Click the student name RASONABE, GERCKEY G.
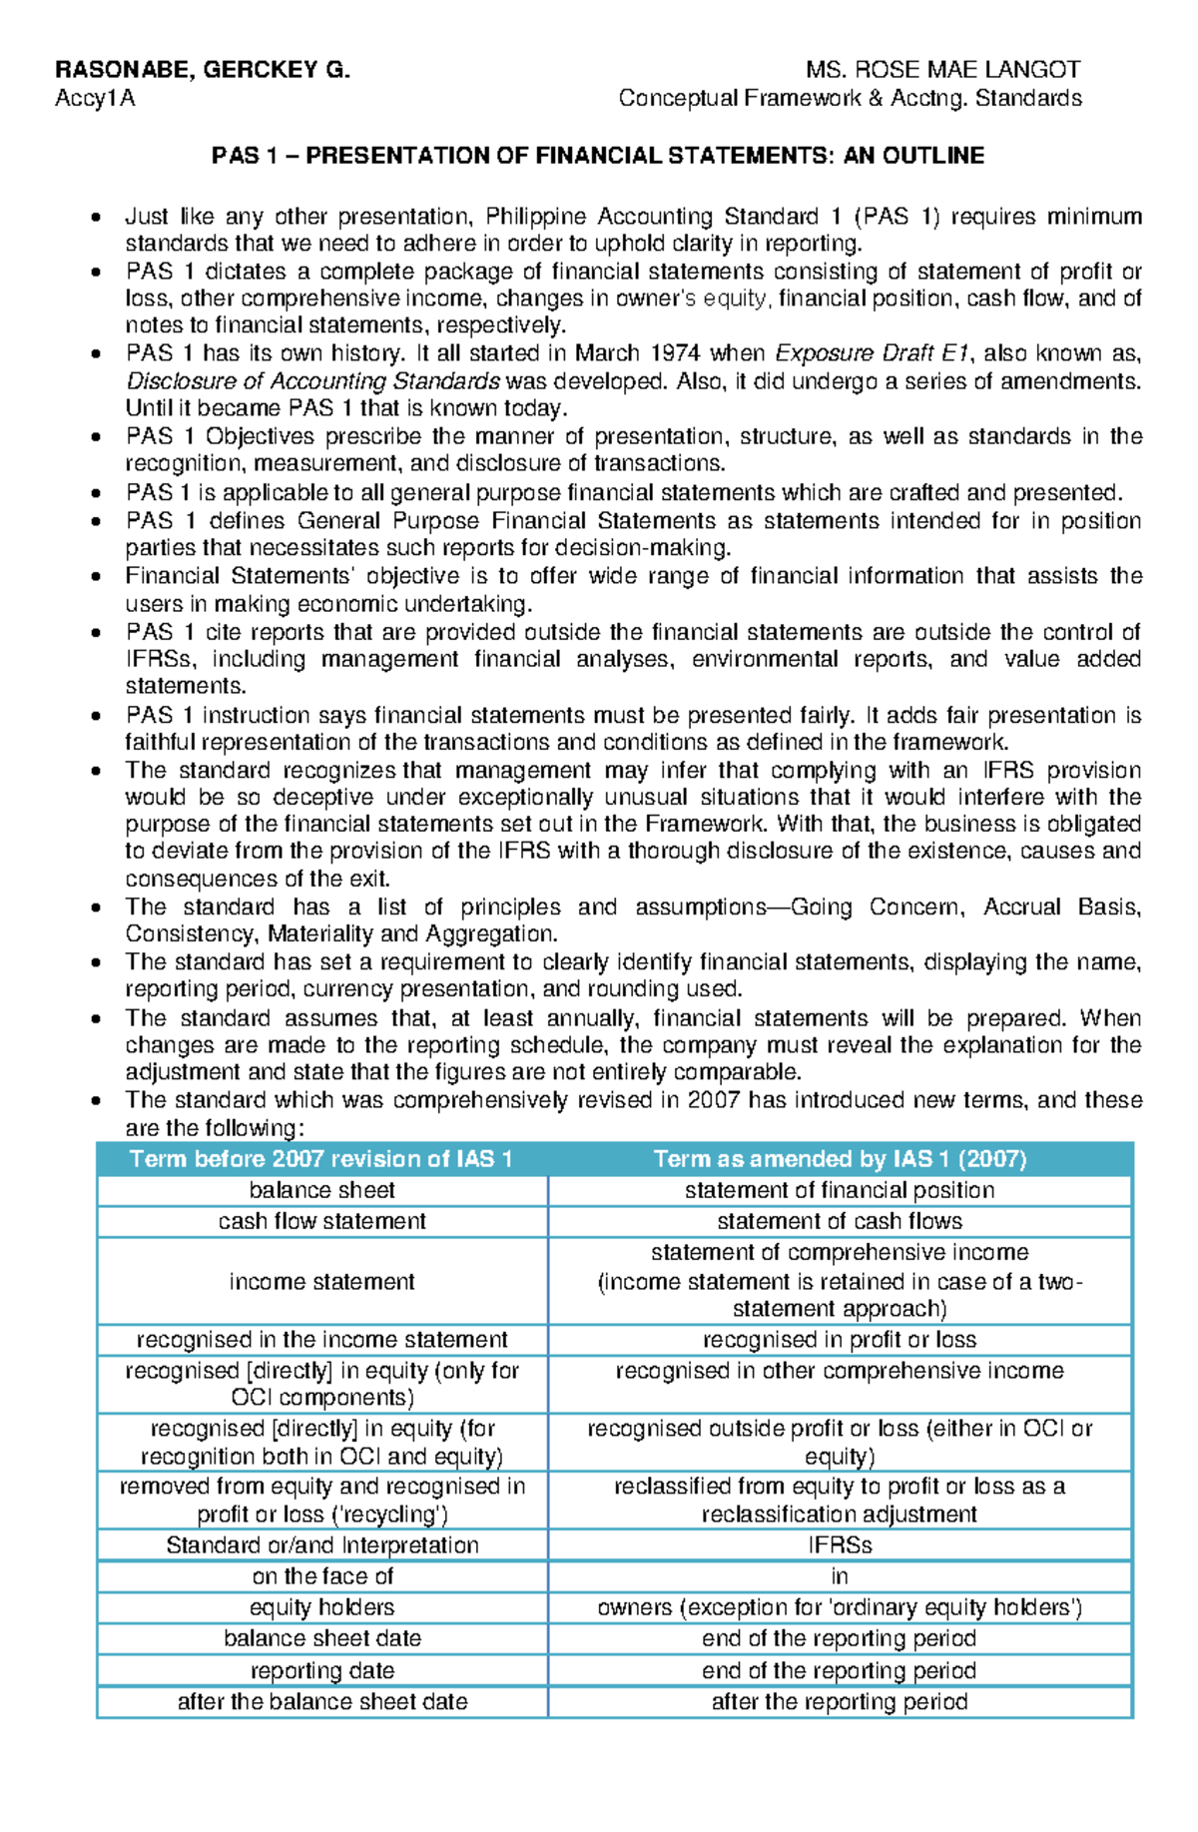click(x=203, y=70)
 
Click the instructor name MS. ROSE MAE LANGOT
click(x=943, y=70)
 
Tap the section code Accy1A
click(x=95, y=98)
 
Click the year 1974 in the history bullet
click(x=676, y=353)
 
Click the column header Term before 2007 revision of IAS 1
click(x=321, y=1159)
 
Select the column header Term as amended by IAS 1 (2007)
click(x=840, y=1159)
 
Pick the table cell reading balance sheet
click(x=321, y=1190)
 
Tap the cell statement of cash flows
click(x=840, y=1221)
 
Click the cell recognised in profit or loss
click(x=840, y=1340)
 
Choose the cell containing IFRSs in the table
click(x=840, y=1545)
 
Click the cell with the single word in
click(x=840, y=1576)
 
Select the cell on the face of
click(x=321, y=1576)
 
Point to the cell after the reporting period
click(x=840, y=1702)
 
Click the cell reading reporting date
click(x=321, y=1671)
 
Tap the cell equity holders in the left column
click(x=321, y=1607)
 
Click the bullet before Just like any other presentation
click(x=96, y=218)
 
